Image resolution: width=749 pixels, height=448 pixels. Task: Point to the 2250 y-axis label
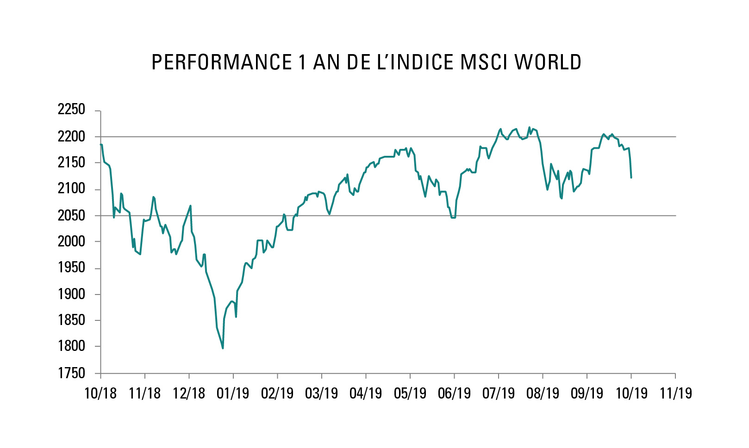point(71,110)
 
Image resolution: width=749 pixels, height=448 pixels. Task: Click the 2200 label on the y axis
point(71,136)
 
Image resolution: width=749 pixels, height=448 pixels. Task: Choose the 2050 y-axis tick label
point(71,215)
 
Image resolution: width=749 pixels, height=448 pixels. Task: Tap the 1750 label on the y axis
point(71,373)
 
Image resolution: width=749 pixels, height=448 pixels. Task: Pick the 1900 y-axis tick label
point(71,294)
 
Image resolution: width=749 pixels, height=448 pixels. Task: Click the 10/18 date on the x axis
point(100,393)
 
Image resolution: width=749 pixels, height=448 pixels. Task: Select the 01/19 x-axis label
point(233,393)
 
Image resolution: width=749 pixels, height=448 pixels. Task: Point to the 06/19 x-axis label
point(454,393)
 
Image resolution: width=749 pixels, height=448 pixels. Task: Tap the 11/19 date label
point(675,393)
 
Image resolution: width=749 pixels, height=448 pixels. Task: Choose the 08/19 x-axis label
point(543,393)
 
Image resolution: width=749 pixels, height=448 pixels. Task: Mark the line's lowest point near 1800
point(223,348)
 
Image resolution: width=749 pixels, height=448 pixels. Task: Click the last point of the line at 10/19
point(631,178)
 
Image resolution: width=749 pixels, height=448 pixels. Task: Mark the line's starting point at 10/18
point(101,145)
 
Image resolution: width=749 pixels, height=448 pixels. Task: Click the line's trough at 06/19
point(453,217)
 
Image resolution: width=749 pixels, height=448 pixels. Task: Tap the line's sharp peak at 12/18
point(191,206)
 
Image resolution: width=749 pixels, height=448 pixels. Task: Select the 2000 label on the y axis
point(71,241)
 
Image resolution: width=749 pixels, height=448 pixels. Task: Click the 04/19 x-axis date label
point(366,393)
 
